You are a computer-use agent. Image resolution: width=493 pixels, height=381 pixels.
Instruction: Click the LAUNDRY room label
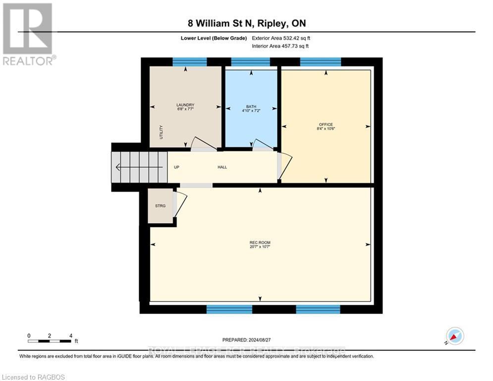[185, 105]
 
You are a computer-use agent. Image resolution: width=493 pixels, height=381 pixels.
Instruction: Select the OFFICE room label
[326, 125]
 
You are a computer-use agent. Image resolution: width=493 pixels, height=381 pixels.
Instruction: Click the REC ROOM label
[260, 243]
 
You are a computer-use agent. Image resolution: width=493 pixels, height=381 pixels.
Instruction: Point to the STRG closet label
[160, 205]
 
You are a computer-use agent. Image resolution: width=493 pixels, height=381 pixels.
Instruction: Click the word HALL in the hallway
[222, 167]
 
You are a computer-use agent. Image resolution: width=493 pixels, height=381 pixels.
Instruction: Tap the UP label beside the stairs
[176, 167]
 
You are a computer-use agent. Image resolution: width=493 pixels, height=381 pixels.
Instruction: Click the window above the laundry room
[189, 62]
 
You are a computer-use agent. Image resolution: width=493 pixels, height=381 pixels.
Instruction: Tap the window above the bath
[251, 62]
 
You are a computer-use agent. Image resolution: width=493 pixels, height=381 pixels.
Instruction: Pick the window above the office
[321, 62]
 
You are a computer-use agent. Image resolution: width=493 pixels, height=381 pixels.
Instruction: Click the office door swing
[285, 166]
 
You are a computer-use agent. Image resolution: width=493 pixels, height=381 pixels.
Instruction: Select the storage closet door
[179, 204]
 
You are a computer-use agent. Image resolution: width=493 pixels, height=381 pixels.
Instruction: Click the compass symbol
[455, 336]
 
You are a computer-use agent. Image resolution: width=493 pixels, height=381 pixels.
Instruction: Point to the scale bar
[50, 341]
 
